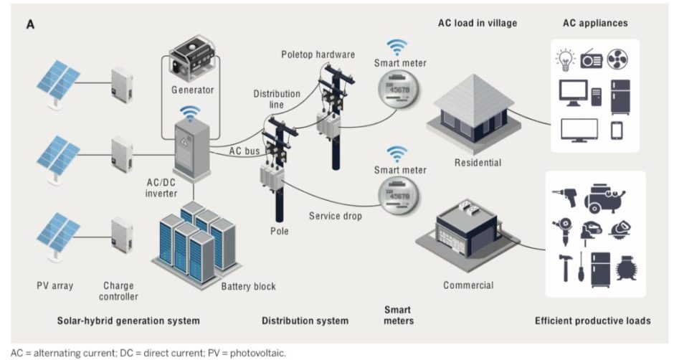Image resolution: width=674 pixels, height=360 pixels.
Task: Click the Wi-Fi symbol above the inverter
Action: (190, 113)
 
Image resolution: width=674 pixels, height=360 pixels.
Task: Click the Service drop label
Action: (334, 215)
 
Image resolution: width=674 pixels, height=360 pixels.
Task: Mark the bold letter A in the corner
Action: (31, 24)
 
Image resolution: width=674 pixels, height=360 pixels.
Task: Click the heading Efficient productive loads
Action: (592, 321)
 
